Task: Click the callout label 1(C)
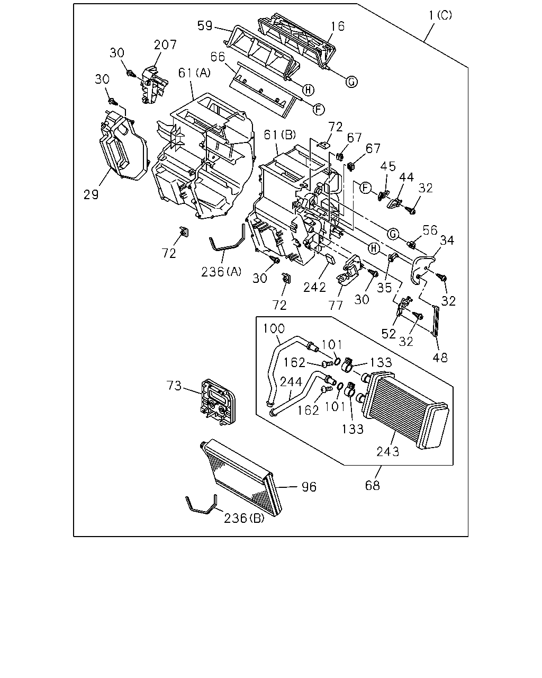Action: (x=440, y=15)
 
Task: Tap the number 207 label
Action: (x=165, y=44)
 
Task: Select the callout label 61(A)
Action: (x=194, y=73)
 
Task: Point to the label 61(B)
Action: (x=279, y=135)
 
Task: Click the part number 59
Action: (x=205, y=25)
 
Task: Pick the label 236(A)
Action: (x=221, y=272)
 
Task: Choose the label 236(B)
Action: (x=244, y=518)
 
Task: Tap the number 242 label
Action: (x=314, y=287)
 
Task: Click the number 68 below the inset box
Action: (x=372, y=486)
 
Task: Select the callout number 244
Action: (x=291, y=382)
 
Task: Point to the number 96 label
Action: (x=309, y=487)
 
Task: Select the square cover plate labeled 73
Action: (x=218, y=403)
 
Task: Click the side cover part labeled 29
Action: (x=123, y=147)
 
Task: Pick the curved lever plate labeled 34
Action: (x=422, y=270)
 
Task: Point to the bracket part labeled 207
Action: (x=155, y=85)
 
